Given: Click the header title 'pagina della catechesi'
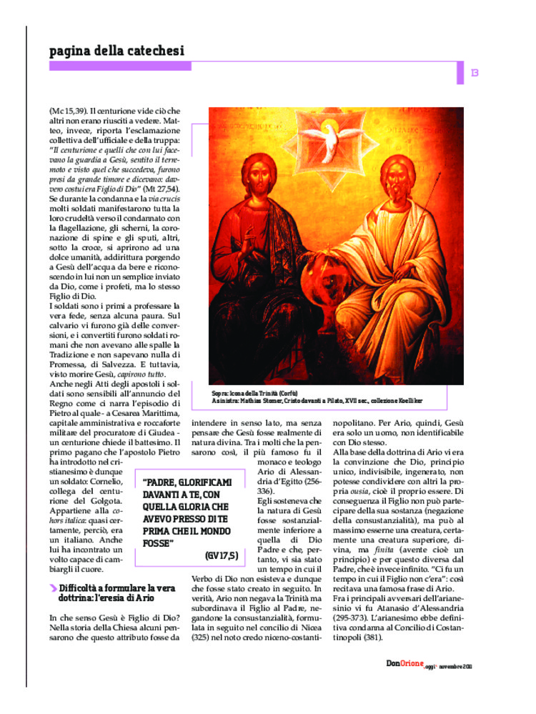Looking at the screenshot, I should tap(116, 51).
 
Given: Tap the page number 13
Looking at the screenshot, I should tap(475, 72).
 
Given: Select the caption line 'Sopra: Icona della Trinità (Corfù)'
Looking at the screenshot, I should tap(254, 394).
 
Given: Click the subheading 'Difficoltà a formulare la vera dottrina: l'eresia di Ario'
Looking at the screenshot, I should tap(115, 592).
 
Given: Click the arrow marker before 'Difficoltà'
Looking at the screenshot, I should tap(54, 587).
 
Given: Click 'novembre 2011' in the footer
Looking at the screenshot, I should tap(455, 665).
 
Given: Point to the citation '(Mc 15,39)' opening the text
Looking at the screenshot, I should tap(69, 111).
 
